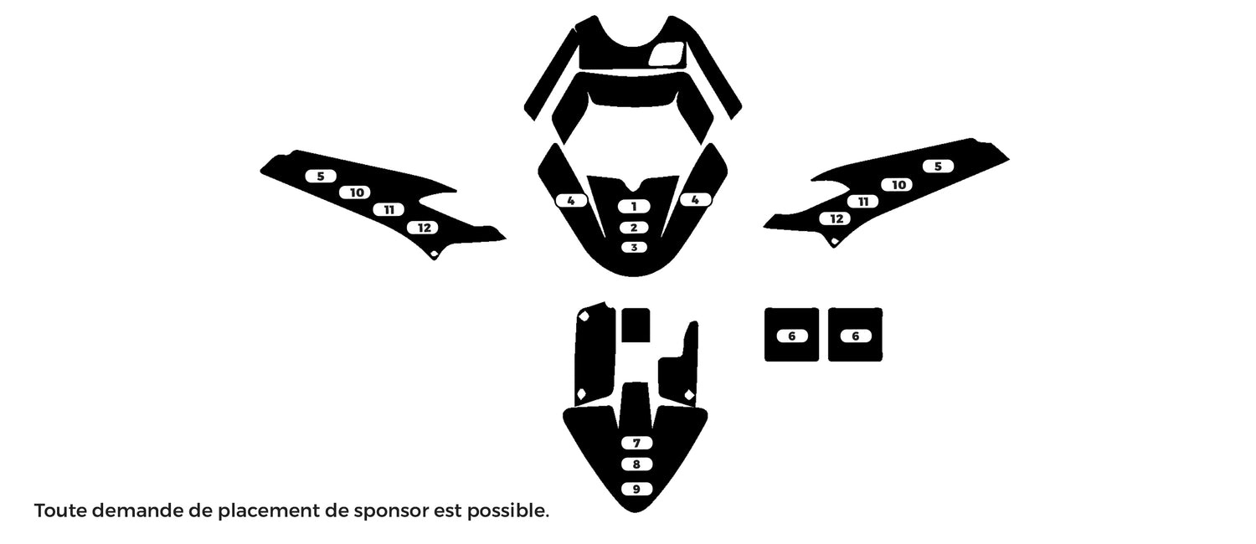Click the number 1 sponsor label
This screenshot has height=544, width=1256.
(x=634, y=207)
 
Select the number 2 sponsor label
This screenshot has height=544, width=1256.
(x=634, y=228)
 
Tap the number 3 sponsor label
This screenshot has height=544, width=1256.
(x=634, y=247)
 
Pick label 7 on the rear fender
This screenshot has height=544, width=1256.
(x=636, y=443)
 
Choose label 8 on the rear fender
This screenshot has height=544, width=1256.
(x=636, y=464)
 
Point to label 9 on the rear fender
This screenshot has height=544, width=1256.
(x=636, y=489)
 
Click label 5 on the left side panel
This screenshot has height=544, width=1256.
(x=321, y=176)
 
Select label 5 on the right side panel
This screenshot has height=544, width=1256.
(x=938, y=166)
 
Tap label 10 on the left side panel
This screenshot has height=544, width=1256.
(x=357, y=192)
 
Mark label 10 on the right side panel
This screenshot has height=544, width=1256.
(x=898, y=184)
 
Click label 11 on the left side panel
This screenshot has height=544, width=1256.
(x=389, y=209)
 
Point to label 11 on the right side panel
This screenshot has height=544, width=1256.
(x=863, y=201)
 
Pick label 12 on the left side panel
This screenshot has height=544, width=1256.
(x=424, y=228)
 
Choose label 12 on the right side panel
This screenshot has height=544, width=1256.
(x=836, y=218)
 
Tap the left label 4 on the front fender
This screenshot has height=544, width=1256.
(x=571, y=200)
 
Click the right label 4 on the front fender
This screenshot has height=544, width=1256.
(x=695, y=199)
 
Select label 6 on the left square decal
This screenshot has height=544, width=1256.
(x=792, y=336)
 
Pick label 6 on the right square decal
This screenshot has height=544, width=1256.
(x=855, y=336)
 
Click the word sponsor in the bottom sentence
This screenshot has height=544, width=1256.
(x=392, y=511)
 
